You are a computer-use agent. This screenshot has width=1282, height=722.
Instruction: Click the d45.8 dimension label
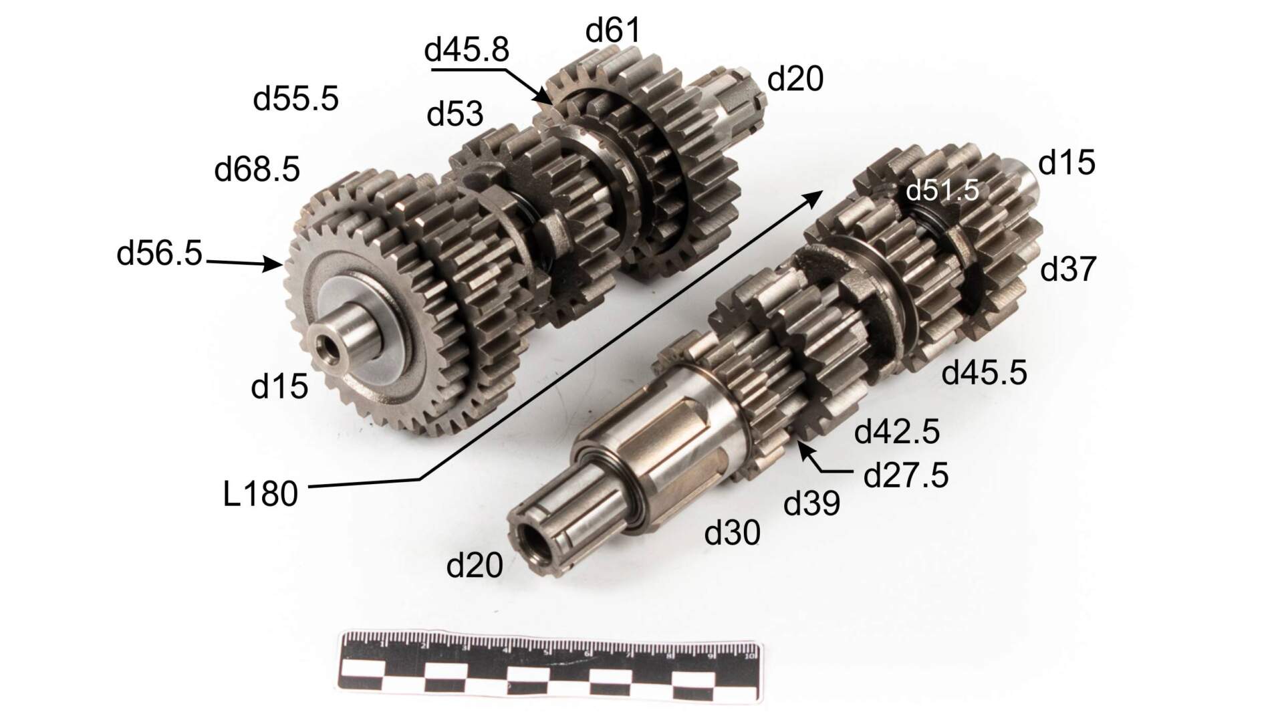[x=467, y=50]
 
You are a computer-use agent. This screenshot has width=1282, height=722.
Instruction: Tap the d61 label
[x=613, y=30]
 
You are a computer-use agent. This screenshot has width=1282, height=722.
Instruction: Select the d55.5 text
[x=296, y=99]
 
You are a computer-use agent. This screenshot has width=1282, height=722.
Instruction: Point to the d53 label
[x=455, y=114]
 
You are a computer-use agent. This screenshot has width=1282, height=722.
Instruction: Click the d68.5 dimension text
[x=257, y=170]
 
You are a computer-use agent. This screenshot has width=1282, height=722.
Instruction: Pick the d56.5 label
[x=159, y=254]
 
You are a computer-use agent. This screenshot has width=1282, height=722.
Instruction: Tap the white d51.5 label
[x=942, y=191]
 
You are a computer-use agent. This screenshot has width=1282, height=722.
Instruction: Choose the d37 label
[x=1069, y=269]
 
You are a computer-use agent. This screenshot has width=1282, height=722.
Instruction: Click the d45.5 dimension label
[x=984, y=373]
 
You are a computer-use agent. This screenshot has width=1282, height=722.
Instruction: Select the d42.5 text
[x=897, y=433]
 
